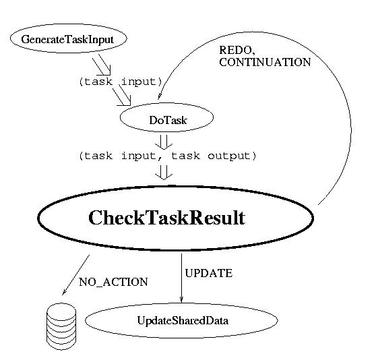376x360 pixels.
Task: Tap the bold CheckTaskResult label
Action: click(166, 218)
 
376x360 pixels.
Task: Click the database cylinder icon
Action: click(61, 326)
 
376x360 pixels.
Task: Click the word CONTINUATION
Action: click(265, 62)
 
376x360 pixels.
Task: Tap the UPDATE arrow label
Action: click(209, 273)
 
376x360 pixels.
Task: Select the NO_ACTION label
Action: click(113, 282)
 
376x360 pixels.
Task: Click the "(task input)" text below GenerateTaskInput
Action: click(121, 82)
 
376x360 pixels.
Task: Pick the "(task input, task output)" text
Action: click(168, 156)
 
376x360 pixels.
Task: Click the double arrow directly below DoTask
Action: click(164, 142)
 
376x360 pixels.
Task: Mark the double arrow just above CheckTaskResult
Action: click(164, 173)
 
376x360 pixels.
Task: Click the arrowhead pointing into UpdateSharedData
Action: click(181, 299)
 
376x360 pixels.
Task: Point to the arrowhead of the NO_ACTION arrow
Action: click(64, 293)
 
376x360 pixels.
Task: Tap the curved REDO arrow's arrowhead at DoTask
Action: click(159, 96)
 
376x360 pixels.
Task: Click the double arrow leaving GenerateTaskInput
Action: click(102, 65)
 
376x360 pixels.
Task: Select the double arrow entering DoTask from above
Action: click(122, 95)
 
